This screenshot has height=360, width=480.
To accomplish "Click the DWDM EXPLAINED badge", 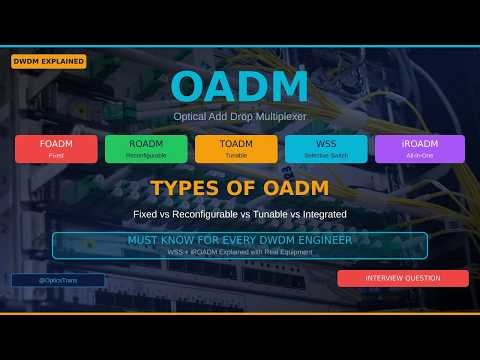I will click(48, 62).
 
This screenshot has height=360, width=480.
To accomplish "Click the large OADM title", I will click(240, 88).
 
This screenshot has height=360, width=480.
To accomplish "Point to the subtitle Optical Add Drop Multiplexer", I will click(240, 117).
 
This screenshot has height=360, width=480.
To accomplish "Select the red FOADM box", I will click(56, 148).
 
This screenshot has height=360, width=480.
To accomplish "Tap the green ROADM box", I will click(146, 148).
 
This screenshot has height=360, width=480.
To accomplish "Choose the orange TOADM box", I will click(236, 148).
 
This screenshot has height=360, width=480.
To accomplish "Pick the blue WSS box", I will click(326, 148).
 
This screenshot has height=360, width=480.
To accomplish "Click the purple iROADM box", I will click(419, 148).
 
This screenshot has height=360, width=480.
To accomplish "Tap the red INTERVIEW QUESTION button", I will click(402, 278).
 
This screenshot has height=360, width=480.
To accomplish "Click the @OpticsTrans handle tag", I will click(58, 281).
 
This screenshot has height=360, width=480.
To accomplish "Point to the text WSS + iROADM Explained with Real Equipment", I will click(240, 253).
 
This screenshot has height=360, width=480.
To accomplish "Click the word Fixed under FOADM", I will click(56, 155).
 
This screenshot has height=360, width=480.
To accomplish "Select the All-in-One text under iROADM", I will click(419, 155).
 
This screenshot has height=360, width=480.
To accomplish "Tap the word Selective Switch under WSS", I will click(326, 155).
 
